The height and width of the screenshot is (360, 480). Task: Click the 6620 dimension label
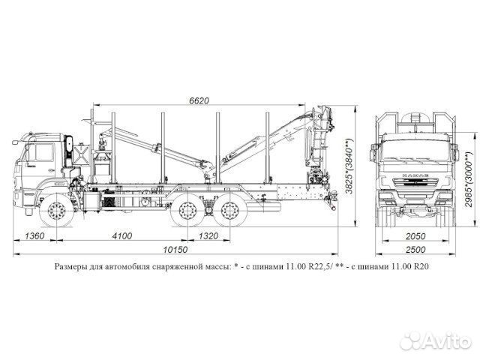click(x=199, y=100)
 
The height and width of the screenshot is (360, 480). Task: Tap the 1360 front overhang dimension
click(x=34, y=235)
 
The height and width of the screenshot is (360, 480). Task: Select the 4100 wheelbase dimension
click(x=122, y=235)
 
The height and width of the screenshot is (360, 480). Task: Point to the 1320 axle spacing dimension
click(x=208, y=235)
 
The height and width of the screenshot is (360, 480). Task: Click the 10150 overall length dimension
click(x=175, y=250)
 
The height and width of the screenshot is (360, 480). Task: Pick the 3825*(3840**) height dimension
click(x=349, y=166)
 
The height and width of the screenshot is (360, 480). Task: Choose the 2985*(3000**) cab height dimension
click(x=469, y=179)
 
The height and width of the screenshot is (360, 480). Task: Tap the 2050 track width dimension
click(x=415, y=236)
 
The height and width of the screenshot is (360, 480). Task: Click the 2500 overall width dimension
click(x=415, y=250)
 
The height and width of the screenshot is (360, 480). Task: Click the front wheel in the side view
click(x=57, y=211)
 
